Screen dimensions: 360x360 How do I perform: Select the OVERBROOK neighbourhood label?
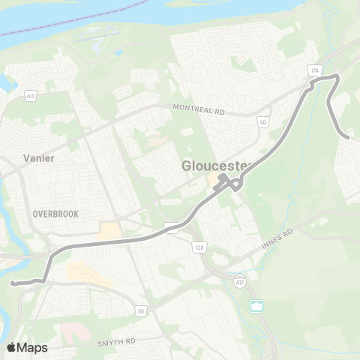tap(55, 214)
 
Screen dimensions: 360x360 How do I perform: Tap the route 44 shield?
tap(31, 95)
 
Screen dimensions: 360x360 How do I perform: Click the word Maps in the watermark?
tap(33, 347)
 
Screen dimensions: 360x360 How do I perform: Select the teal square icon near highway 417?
tap(256, 306)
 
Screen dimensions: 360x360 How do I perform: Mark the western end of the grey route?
tap(13, 283)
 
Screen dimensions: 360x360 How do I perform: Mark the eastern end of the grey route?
tap(349, 137)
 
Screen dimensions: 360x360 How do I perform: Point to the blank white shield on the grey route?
tap(172, 227)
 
